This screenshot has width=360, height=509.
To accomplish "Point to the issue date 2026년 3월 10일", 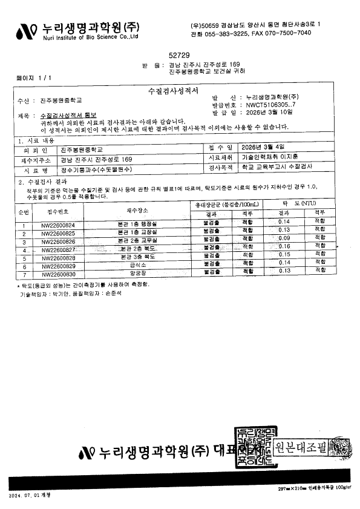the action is pos(269,113).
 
